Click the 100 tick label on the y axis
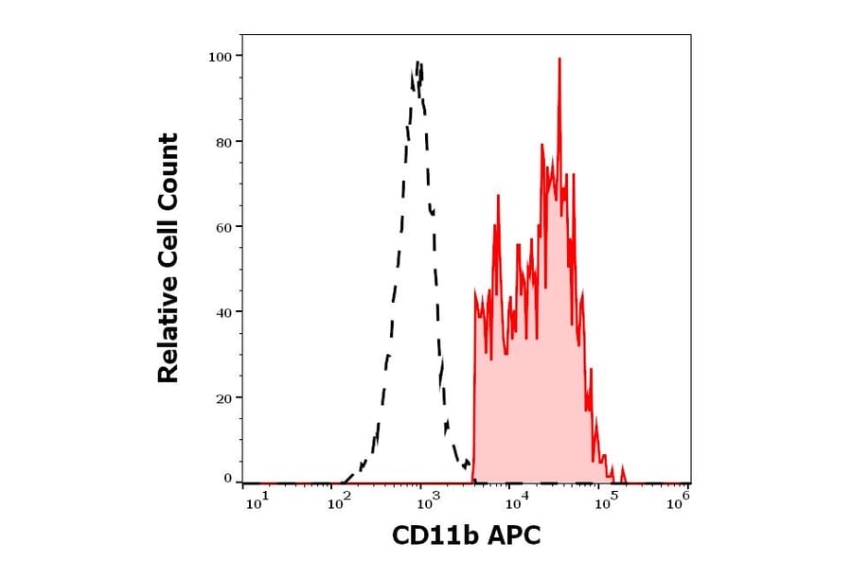(221, 57)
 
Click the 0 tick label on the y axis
(228, 479)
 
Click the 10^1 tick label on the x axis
(257, 502)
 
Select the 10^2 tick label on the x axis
(340, 502)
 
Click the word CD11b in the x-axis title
(432, 536)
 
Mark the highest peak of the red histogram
(559, 60)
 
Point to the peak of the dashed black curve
(417, 64)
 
